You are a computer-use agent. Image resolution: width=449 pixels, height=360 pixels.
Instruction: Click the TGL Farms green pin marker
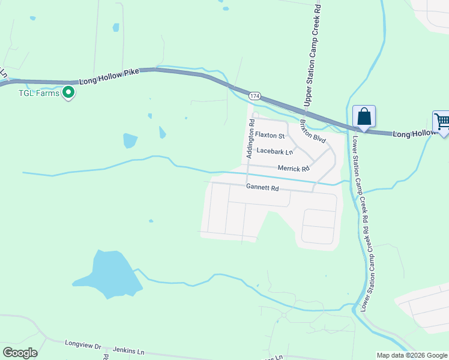[x=68, y=92]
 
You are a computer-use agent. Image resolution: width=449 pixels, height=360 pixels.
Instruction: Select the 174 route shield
[x=255, y=96]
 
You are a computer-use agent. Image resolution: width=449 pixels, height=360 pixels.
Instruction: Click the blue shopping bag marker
[x=364, y=116]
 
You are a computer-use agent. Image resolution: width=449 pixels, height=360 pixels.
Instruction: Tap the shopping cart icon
[x=442, y=121]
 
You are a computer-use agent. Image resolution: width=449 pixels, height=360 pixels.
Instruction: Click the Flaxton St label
[x=269, y=135]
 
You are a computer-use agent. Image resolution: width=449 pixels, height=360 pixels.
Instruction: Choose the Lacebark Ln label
[x=274, y=152]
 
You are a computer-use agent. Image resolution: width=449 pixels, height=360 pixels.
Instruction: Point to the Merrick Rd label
[x=293, y=169]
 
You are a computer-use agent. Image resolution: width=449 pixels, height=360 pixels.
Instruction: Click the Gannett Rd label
[x=262, y=188]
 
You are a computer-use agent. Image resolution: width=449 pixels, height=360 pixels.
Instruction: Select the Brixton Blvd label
[x=312, y=130]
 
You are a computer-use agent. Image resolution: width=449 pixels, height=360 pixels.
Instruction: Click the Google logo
[x=20, y=353]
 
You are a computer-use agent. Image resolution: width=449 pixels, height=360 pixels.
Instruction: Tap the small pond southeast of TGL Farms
[x=130, y=140]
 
